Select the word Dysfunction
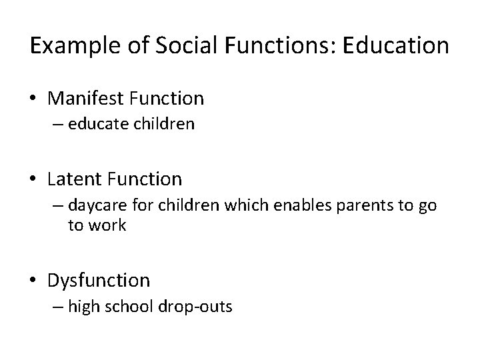click(99, 280)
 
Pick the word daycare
click(94, 205)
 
